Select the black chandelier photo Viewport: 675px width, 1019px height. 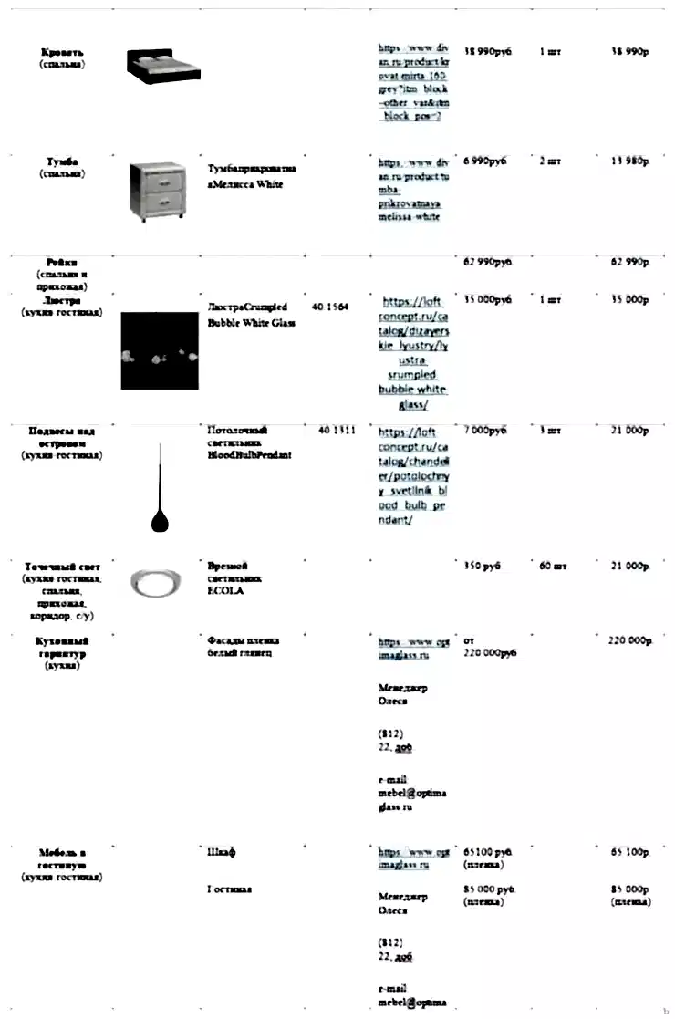[x=160, y=350]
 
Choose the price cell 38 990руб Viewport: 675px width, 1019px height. [x=488, y=52]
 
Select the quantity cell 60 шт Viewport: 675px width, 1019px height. [x=553, y=567]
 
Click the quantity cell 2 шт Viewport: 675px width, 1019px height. [x=550, y=161]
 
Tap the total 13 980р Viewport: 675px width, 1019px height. [x=629, y=161]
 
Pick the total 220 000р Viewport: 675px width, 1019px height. [x=631, y=640]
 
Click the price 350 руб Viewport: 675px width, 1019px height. [x=483, y=567]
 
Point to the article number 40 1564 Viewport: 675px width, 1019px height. [x=330, y=307]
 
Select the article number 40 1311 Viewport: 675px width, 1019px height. [x=337, y=430]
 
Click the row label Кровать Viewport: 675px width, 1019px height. [x=62, y=52]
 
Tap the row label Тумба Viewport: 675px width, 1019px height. [x=62, y=161]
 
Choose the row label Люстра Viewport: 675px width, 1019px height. [x=62, y=299]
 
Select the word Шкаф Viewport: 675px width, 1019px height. [x=222, y=851]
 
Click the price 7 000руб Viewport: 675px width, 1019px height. [x=485, y=430]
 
